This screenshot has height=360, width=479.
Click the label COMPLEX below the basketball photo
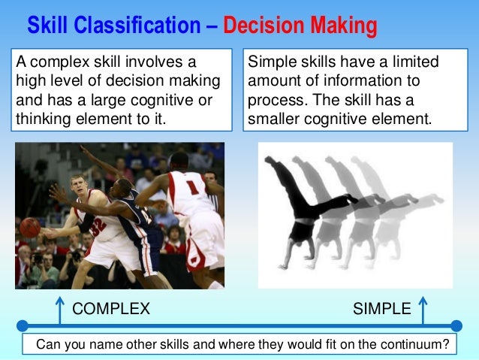[111, 308]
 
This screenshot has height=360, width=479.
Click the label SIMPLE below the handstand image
[381, 308]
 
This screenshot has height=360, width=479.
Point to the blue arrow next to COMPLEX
[58, 309]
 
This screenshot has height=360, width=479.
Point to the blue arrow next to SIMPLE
[423, 309]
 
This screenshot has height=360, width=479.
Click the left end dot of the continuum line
[23, 326]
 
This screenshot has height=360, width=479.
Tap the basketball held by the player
[30, 228]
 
